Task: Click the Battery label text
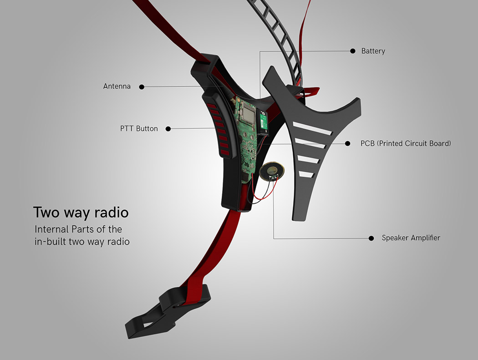pyautogui.click(x=373, y=51)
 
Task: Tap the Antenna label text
pyautogui.click(x=117, y=86)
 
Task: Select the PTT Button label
pyautogui.click(x=139, y=129)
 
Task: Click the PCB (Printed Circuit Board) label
pyautogui.click(x=406, y=143)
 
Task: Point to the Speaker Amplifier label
pyautogui.click(x=411, y=238)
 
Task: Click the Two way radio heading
pyautogui.click(x=81, y=213)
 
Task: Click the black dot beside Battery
pyautogui.click(x=353, y=51)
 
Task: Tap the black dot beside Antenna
pyautogui.click(x=142, y=86)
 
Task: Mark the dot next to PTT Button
pyautogui.click(x=168, y=129)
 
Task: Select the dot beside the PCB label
pyautogui.click(x=348, y=143)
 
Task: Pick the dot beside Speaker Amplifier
pyautogui.click(x=371, y=238)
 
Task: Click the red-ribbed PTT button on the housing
pyautogui.click(x=216, y=125)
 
